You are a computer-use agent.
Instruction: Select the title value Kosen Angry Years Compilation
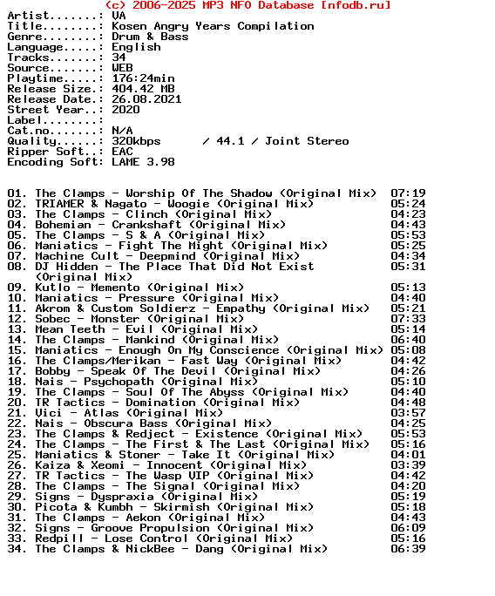coord(213,26)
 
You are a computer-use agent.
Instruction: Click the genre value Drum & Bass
coord(150,37)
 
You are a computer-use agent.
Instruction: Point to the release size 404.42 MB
coord(143,89)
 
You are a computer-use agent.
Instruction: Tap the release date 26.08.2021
coord(146,99)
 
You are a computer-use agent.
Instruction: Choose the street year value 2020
coord(125,110)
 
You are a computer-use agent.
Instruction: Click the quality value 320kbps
coord(136,141)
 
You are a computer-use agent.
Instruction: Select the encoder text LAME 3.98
coord(143,162)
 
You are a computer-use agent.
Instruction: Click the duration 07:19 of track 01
coord(408,193)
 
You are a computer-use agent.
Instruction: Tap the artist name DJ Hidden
coord(66,267)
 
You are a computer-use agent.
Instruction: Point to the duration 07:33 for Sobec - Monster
coord(408,319)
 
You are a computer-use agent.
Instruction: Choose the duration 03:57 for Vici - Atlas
coord(408,413)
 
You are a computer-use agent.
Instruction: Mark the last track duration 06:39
coord(408,549)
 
